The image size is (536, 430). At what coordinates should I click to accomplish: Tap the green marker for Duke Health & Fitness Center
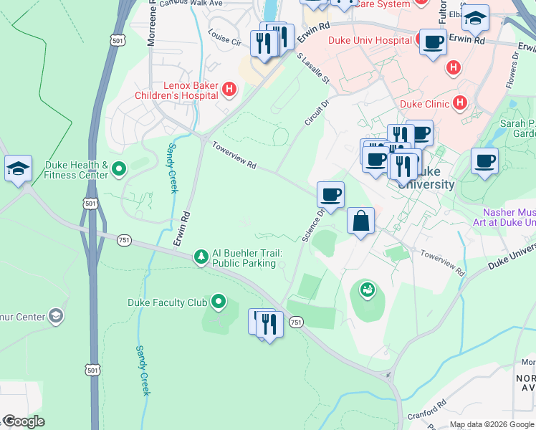[119, 170]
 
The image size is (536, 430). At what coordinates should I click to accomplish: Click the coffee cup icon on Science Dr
[330, 194]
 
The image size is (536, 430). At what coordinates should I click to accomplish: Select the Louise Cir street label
[224, 37]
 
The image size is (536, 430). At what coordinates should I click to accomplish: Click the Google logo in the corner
[23, 421]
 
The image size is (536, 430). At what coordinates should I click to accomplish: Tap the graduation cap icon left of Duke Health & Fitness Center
[18, 168]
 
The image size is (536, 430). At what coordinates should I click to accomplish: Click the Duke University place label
[426, 178]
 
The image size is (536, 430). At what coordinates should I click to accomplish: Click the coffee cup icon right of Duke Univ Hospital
[432, 42]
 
